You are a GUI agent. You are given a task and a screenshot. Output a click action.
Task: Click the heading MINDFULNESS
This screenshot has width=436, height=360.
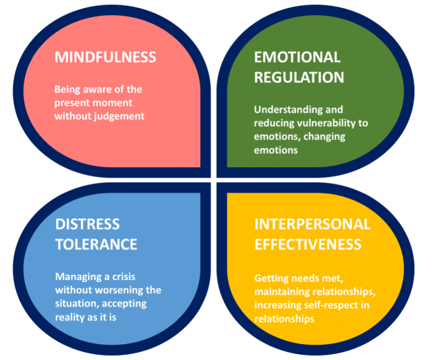pos(105,57)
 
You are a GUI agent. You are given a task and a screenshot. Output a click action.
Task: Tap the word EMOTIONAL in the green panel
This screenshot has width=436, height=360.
pos(297,57)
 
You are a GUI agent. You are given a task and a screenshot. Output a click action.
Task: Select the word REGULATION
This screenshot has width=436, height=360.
pos(299,77)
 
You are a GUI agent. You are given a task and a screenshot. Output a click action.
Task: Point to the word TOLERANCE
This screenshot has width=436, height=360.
pos(96,244)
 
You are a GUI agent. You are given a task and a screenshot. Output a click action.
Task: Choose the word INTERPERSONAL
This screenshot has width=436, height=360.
pos(312,224)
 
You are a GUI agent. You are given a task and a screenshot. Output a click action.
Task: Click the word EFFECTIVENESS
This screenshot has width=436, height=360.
pos(308,244)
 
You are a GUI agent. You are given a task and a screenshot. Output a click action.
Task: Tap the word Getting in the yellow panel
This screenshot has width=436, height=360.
pos(272,280)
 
